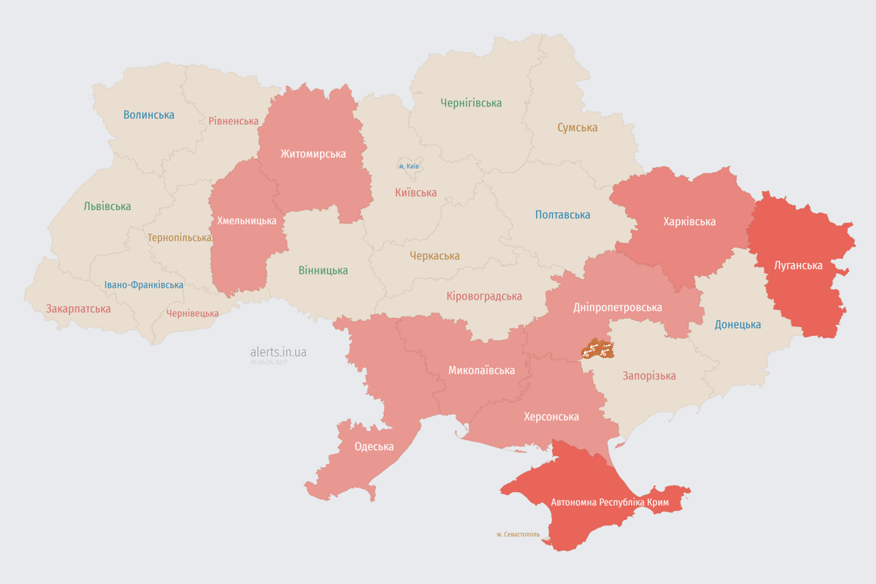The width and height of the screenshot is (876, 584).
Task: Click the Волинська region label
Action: pyautogui.click(x=149, y=115)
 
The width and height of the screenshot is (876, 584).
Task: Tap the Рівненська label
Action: pyautogui.click(x=233, y=121)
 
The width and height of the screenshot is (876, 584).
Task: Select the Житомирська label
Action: pyautogui.click(x=313, y=154)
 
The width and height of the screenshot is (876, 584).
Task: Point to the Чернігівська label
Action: pyautogui.click(x=471, y=103)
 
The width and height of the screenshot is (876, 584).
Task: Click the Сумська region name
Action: pyautogui.click(x=577, y=128)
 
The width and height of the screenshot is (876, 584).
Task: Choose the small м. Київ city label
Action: pyautogui.click(x=409, y=166)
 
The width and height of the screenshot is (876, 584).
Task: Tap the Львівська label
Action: pyautogui.click(x=107, y=206)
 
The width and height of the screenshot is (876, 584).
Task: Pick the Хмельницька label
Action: pyautogui.click(x=247, y=221)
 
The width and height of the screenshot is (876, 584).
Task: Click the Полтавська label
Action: pyautogui.click(x=563, y=214)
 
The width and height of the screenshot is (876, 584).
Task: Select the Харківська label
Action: pyautogui.click(x=689, y=221)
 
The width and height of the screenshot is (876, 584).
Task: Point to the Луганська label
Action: pyautogui.click(x=798, y=265)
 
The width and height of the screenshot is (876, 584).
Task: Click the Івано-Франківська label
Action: pyautogui.click(x=144, y=285)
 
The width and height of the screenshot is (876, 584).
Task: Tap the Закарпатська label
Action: pyautogui.click(x=78, y=309)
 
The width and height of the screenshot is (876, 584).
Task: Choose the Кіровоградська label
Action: pyautogui.click(x=484, y=296)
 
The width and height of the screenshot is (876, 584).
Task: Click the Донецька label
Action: pyautogui.click(x=738, y=325)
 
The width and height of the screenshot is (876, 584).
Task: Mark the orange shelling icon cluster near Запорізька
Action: pyautogui.click(x=598, y=349)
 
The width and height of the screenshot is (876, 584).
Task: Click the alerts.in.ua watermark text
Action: pyautogui.click(x=278, y=352)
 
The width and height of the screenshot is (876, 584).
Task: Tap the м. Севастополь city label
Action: pyautogui.click(x=518, y=535)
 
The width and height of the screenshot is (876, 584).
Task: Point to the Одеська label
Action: pyautogui.click(x=374, y=446)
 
